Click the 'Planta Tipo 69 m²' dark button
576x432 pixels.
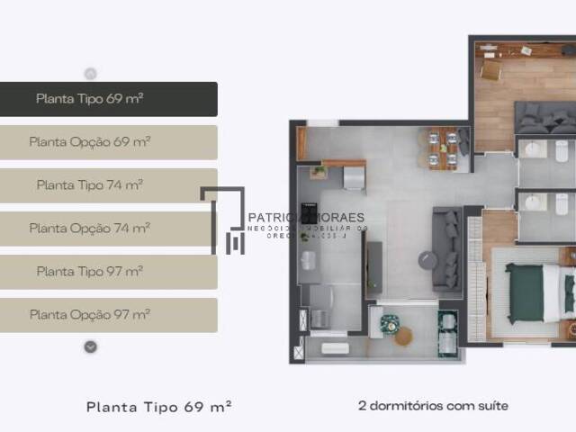[x=108, y=99]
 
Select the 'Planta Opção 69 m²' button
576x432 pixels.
[x=108, y=142]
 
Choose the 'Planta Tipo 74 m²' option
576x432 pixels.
[x=108, y=185]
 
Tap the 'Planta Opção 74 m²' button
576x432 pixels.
[x=108, y=229]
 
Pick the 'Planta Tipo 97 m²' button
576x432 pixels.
[x=108, y=271]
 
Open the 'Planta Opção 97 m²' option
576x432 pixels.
[x=108, y=315]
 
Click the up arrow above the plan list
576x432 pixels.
[x=90, y=74]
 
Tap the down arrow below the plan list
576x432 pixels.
[x=90, y=346]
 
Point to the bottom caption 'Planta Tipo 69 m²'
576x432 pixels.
[x=159, y=407]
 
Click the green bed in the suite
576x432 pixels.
[x=525, y=293]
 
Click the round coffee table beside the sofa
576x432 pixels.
[x=427, y=259]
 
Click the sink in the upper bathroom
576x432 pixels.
[x=534, y=149]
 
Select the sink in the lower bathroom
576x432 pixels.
[x=534, y=202]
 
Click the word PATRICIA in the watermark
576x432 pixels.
[x=274, y=218]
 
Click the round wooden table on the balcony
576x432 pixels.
[x=403, y=336]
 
